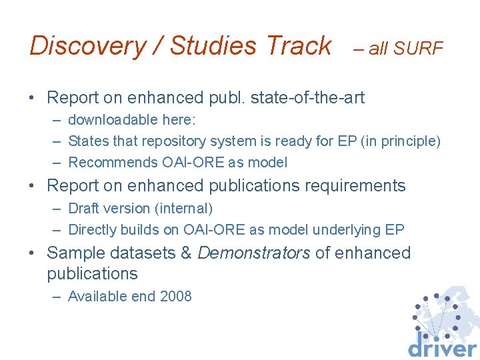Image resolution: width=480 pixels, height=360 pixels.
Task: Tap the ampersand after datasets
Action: coord(186,253)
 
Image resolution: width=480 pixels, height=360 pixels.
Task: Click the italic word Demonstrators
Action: coord(254,253)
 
